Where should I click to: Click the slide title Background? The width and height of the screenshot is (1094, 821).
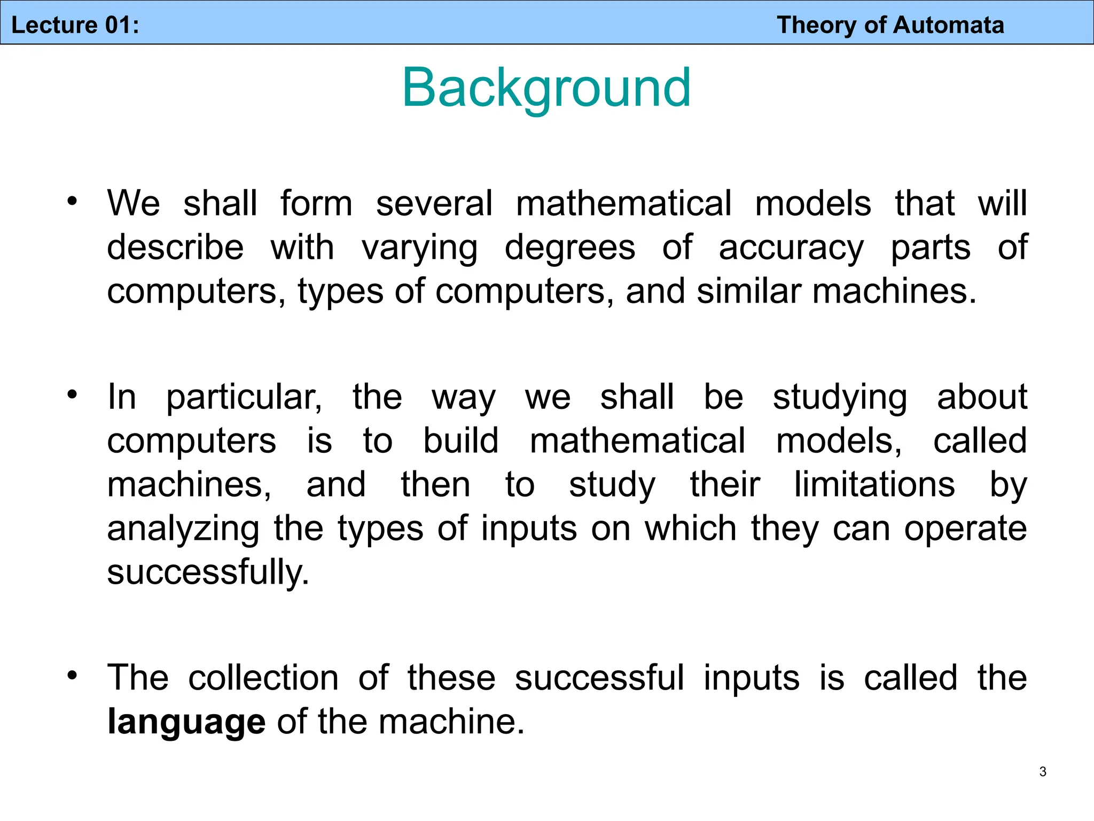tap(546, 88)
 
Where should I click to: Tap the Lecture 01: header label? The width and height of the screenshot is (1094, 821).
tap(75, 25)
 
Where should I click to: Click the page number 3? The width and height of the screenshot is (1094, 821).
tap(1043, 771)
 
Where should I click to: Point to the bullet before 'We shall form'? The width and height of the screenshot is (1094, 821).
tap(72, 202)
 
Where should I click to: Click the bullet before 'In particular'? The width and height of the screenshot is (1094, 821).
tap(72, 395)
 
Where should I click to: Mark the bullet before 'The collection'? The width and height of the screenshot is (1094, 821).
tap(72, 676)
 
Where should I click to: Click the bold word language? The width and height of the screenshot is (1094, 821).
tap(186, 722)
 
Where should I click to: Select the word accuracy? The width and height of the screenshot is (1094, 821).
tap(791, 248)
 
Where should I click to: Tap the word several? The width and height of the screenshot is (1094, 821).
tap(434, 204)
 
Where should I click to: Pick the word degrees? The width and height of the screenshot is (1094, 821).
tap(569, 248)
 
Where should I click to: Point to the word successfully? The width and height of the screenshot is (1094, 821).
tap(208, 572)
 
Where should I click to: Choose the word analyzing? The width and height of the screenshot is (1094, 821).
tap(183, 529)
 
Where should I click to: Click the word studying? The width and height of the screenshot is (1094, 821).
tap(840, 398)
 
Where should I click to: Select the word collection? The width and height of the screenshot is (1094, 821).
tap(263, 678)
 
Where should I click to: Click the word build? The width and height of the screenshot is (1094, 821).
tap(460, 441)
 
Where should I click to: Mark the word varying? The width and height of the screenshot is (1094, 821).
tap(419, 248)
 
